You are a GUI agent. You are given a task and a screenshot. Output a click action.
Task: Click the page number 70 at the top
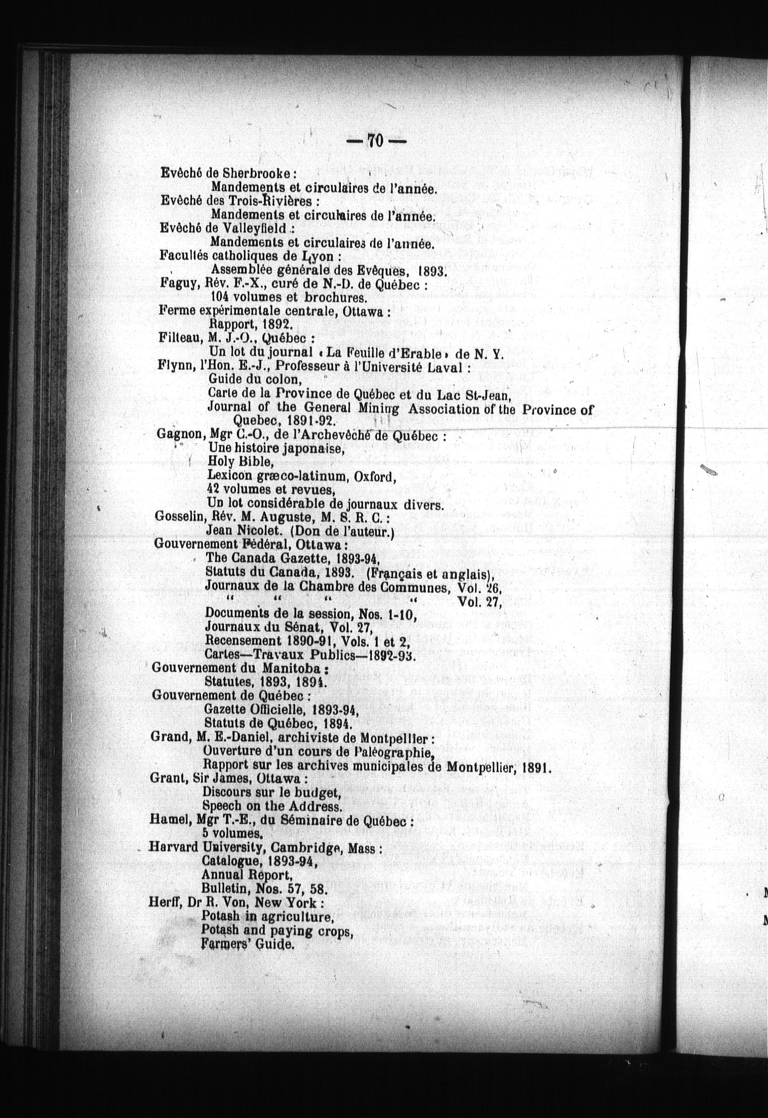coord(375,140)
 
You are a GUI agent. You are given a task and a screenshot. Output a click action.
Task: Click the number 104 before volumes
coord(220,298)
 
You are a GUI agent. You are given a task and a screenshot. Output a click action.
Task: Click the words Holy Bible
coord(241,462)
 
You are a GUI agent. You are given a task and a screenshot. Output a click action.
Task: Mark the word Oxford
coord(375,477)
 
